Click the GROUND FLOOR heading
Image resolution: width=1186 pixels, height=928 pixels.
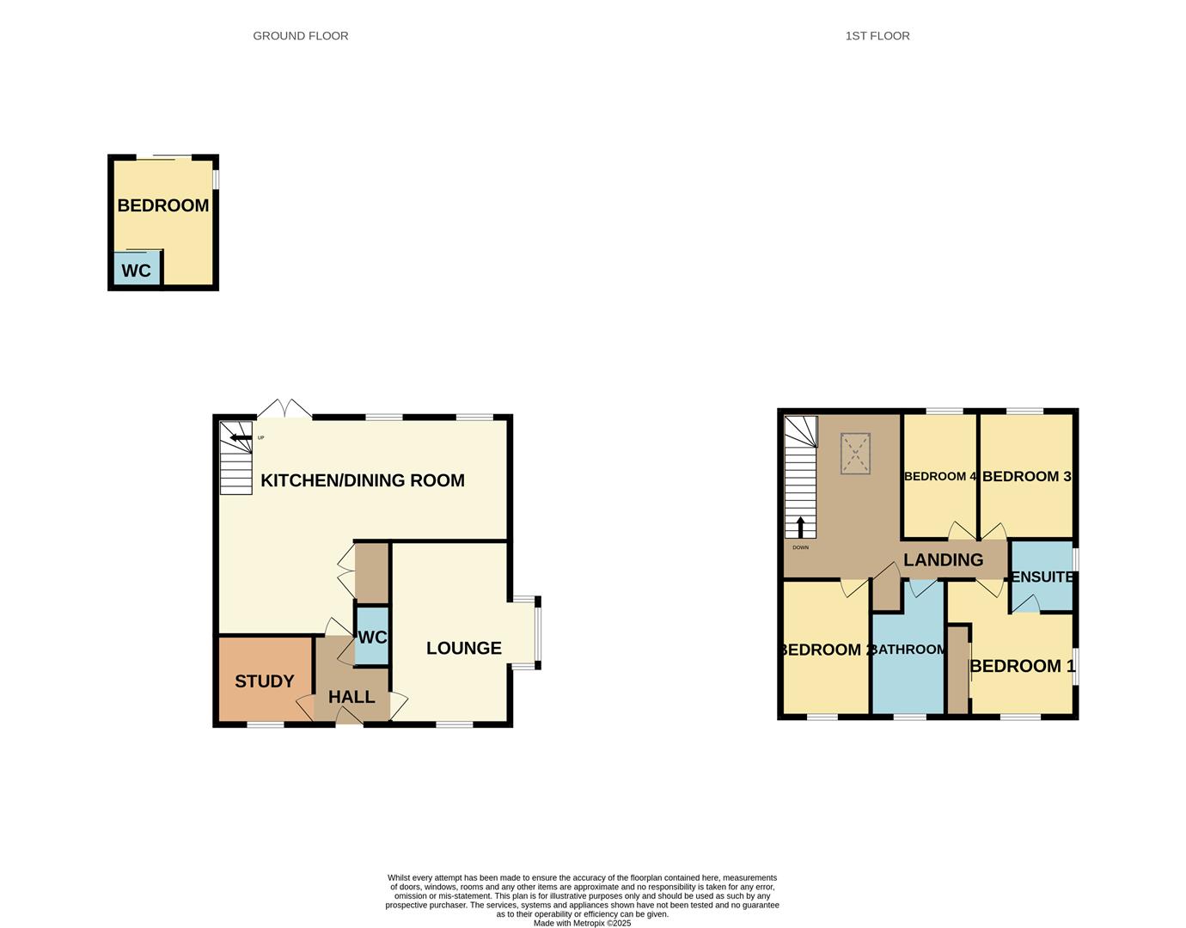click(x=300, y=36)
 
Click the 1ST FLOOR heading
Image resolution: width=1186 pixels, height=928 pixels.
click(x=877, y=36)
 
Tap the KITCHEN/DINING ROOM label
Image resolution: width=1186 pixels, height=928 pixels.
click(x=362, y=480)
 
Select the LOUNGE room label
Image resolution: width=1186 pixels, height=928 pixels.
click(x=463, y=648)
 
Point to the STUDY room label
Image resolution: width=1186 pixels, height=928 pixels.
click(x=264, y=681)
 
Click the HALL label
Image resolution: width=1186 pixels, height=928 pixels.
click(x=352, y=697)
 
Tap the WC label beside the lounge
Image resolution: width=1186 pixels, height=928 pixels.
click(x=372, y=638)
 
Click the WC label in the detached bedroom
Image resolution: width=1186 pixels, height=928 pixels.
click(x=136, y=271)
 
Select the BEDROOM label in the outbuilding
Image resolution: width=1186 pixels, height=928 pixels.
click(x=162, y=205)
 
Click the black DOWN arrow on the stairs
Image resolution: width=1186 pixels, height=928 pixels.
click(x=800, y=526)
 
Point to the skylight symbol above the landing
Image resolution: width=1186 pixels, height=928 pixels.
click(x=855, y=454)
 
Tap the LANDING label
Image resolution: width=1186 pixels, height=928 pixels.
click(x=943, y=560)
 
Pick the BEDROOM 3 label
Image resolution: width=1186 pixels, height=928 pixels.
click(x=1026, y=476)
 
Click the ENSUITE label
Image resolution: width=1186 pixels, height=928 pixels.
click(x=1042, y=577)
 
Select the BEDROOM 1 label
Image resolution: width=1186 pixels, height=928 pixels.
click(x=1022, y=666)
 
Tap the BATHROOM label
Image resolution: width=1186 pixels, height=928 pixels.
click(x=909, y=650)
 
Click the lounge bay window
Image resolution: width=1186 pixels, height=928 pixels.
click(x=537, y=632)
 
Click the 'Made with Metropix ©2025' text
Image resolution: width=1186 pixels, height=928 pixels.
click(x=582, y=924)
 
